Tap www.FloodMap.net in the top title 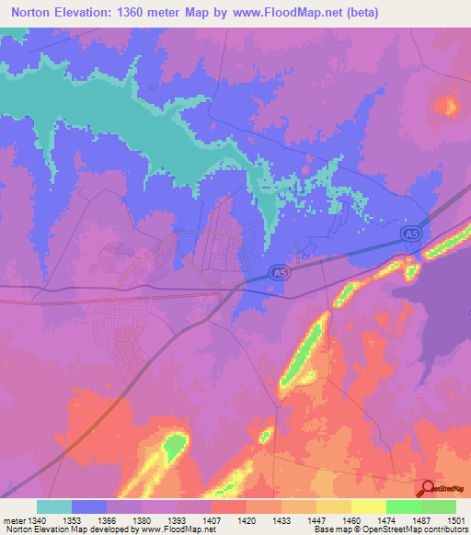(x=280, y=14)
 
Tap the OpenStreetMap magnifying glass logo (x=428, y=488)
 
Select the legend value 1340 (x=37, y=521)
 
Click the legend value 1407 (x=212, y=521)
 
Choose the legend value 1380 (x=142, y=521)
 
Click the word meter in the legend (x=13, y=521)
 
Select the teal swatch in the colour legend (x=54, y=507)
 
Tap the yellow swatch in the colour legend (x=369, y=507)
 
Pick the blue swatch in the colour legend (x=89, y=507)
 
